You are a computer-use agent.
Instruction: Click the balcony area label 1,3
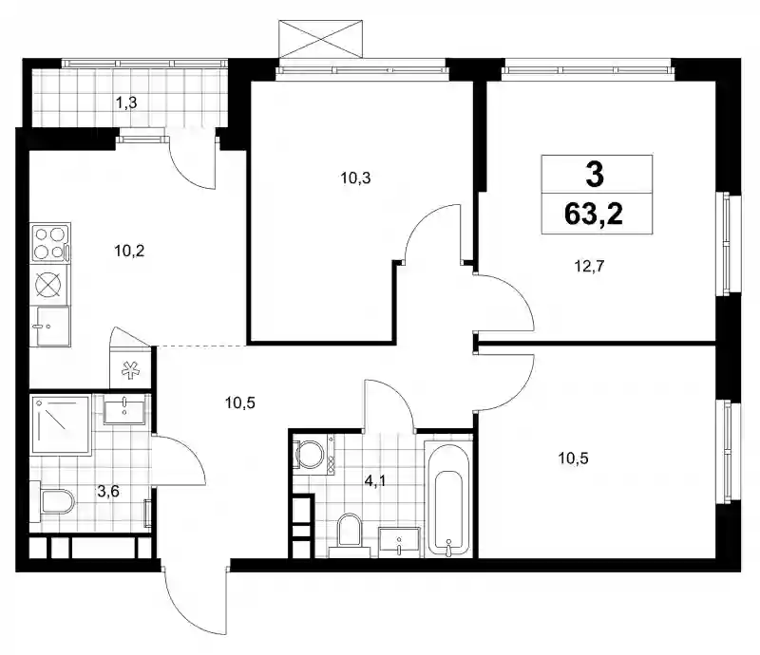pyautogui.click(x=126, y=103)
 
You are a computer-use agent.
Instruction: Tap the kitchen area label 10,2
pyautogui.click(x=129, y=251)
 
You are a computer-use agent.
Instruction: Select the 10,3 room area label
pyautogui.click(x=355, y=178)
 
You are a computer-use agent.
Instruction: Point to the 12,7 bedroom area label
pyautogui.click(x=589, y=266)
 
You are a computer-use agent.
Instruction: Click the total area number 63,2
pyautogui.click(x=594, y=214)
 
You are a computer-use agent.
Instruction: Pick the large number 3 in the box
pyautogui.click(x=595, y=175)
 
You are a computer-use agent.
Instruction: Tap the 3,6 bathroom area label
pyautogui.click(x=108, y=492)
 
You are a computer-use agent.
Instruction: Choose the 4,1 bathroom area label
pyautogui.click(x=375, y=481)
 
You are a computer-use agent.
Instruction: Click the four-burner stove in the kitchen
pyautogui.click(x=50, y=243)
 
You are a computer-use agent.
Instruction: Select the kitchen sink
pyautogui.click(x=50, y=327)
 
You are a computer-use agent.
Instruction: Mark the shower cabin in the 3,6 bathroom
pyautogui.click(x=61, y=425)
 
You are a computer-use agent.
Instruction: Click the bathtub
pyautogui.click(x=448, y=498)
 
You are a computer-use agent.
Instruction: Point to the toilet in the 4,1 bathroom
pyautogui.click(x=349, y=534)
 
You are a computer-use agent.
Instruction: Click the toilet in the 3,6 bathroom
pyautogui.click(x=52, y=501)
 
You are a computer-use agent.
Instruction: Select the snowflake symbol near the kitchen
pyautogui.click(x=130, y=370)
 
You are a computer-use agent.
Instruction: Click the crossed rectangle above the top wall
pyautogui.click(x=320, y=39)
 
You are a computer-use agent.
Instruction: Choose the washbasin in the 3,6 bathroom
pyautogui.click(x=124, y=409)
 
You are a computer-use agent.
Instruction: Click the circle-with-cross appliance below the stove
pyautogui.click(x=49, y=284)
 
